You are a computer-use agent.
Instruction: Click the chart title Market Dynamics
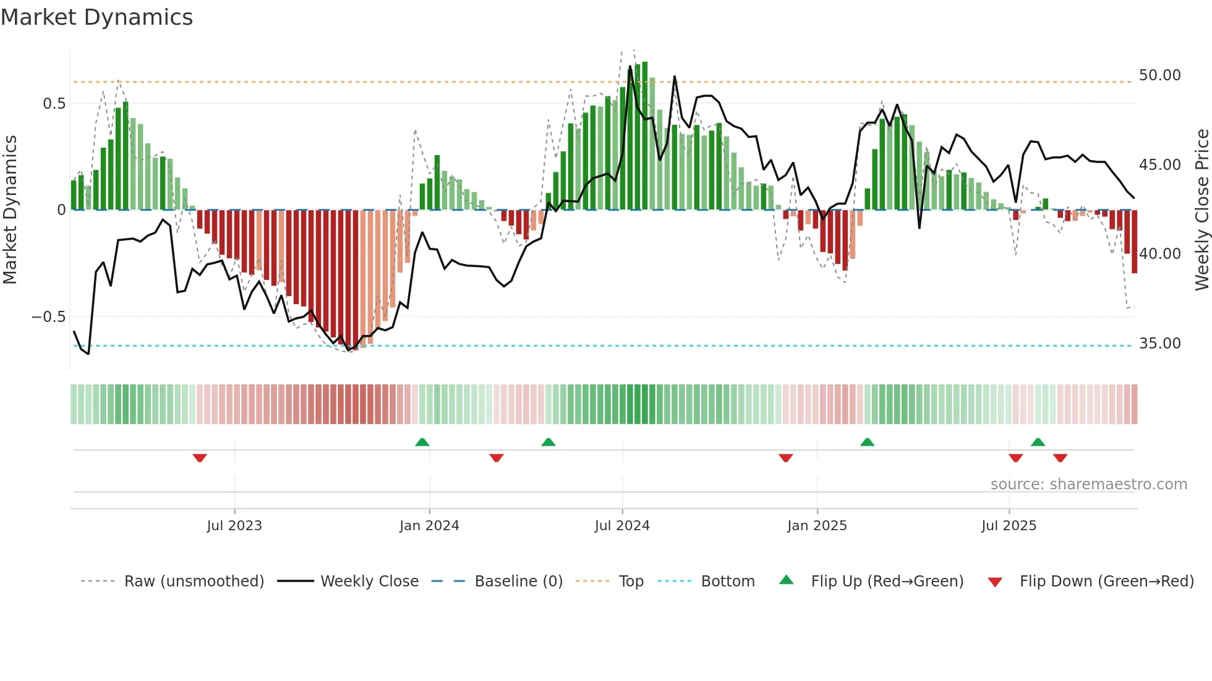tap(96, 17)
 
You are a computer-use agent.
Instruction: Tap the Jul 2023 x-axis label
tap(234, 526)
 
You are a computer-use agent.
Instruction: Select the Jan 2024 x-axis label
tap(429, 526)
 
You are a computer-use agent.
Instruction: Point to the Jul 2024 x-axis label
tap(622, 526)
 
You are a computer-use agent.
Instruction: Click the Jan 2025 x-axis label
tap(817, 526)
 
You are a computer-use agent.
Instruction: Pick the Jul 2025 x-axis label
tap(1009, 526)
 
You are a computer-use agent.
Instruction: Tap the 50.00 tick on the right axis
tap(1159, 75)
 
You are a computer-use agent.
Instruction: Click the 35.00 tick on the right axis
tap(1159, 344)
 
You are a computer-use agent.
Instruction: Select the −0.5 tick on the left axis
tap(49, 317)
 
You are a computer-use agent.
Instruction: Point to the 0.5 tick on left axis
tap(54, 104)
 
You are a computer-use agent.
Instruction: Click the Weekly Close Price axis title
tap(1201, 210)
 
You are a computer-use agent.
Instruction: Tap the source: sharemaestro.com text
tap(1088, 484)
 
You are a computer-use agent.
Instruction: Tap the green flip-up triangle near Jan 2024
tap(422, 442)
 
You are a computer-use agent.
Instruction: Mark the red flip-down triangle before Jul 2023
tap(200, 458)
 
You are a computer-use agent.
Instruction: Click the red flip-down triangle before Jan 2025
tap(786, 458)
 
